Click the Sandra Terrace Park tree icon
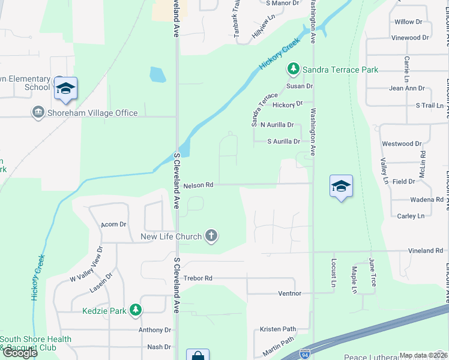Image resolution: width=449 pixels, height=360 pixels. click(x=294, y=70)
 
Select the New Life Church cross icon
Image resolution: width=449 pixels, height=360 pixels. click(x=211, y=236)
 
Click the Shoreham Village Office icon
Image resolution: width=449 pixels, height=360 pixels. click(x=38, y=113)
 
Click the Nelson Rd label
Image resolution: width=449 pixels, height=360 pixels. click(x=199, y=185)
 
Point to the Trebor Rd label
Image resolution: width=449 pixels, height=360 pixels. click(x=198, y=278)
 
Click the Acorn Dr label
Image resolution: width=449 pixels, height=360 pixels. click(x=113, y=224)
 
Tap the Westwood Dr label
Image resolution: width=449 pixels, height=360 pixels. click(x=402, y=144)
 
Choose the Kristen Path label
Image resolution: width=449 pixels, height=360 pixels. click(x=278, y=329)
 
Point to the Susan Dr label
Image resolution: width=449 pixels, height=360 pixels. click(x=300, y=86)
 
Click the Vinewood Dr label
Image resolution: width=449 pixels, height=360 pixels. click(x=409, y=37)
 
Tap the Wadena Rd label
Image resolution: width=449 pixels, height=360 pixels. click(x=426, y=199)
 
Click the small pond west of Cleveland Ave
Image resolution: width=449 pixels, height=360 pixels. click(x=157, y=74)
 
